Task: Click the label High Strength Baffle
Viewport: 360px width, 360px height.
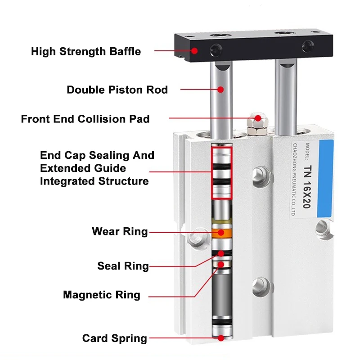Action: pyautogui.click(x=85, y=51)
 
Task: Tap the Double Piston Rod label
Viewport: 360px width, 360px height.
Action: pyautogui.click(x=117, y=90)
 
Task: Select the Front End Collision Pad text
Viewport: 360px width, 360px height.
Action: pyautogui.click(x=85, y=119)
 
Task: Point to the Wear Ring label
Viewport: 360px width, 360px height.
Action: pyautogui.click(x=120, y=232)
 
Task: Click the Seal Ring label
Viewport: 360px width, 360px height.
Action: pyautogui.click(x=123, y=266)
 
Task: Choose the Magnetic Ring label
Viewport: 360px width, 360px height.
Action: pyautogui.click(x=102, y=295)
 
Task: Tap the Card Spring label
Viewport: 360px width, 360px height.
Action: pyautogui.click(x=114, y=338)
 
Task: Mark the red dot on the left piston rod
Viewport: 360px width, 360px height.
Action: pyautogui.click(x=221, y=89)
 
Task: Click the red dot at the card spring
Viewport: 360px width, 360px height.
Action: pyautogui.click(x=221, y=338)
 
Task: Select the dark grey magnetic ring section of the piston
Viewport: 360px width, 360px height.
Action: pyautogui.click(x=221, y=292)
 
